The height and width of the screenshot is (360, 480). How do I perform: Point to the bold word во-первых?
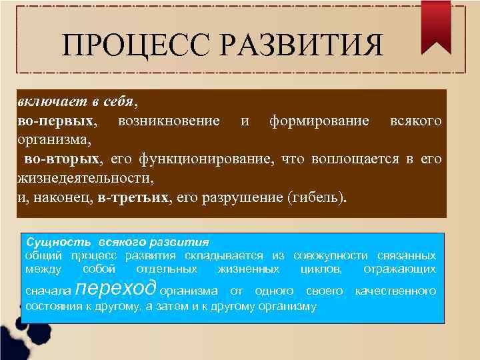click(x=56, y=121)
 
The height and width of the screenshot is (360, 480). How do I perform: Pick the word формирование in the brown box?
click(x=319, y=121)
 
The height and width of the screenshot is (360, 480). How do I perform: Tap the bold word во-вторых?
click(x=63, y=159)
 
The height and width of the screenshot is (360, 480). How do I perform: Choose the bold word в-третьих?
click(x=132, y=198)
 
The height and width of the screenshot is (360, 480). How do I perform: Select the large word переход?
click(x=117, y=288)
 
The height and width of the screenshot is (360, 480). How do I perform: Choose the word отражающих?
click(x=400, y=269)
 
